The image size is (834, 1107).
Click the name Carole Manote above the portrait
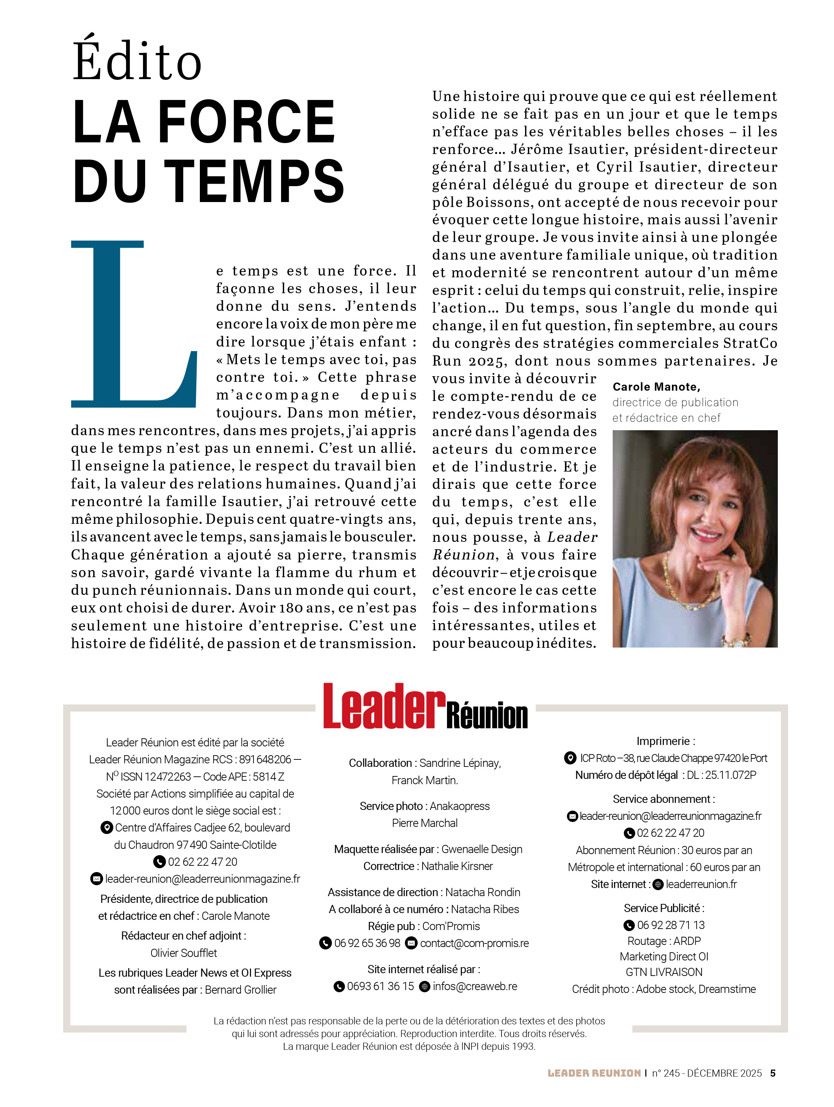[656, 386]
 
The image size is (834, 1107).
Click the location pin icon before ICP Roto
[570, 758]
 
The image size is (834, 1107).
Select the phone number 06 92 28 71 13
[671, 925]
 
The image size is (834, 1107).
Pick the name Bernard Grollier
[241, 990]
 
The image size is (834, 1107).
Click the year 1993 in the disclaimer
[523, 1047]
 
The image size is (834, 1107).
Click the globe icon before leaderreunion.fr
[658, 885]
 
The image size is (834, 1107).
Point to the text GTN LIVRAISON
[664, 972]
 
